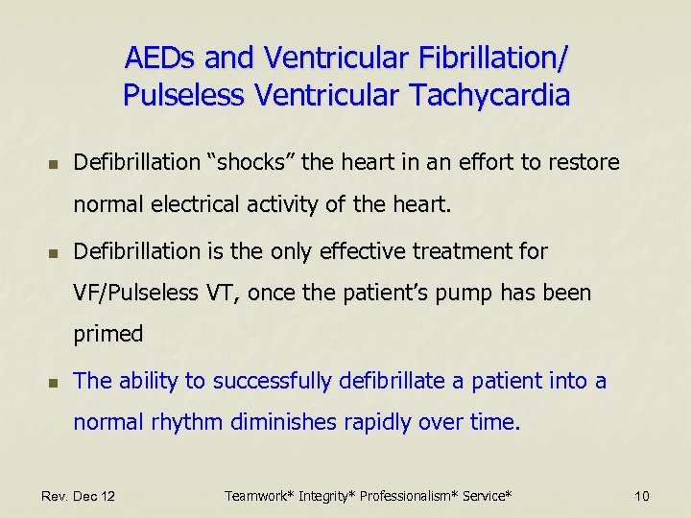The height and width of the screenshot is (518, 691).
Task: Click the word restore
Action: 584,163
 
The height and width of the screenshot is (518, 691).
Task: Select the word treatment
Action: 442,251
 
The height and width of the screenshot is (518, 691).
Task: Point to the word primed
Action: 108,335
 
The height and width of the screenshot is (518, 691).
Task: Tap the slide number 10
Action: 642,496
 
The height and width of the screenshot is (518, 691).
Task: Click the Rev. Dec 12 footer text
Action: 79,496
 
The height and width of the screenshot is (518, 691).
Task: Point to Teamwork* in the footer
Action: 260,496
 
